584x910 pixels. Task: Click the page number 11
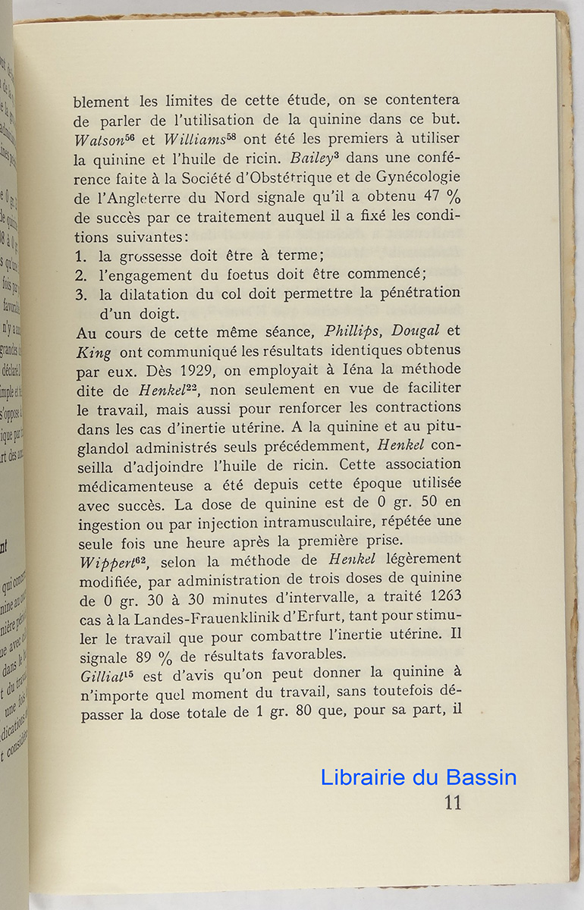point(452,802)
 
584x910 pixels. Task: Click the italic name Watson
point(96,140)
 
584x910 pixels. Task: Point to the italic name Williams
point(195,140)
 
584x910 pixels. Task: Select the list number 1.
point(82,256)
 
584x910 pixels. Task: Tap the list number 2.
point(82,275)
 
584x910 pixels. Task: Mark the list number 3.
point(82,293)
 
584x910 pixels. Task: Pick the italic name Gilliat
point(102,674)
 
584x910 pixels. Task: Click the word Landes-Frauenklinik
point(224,617)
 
